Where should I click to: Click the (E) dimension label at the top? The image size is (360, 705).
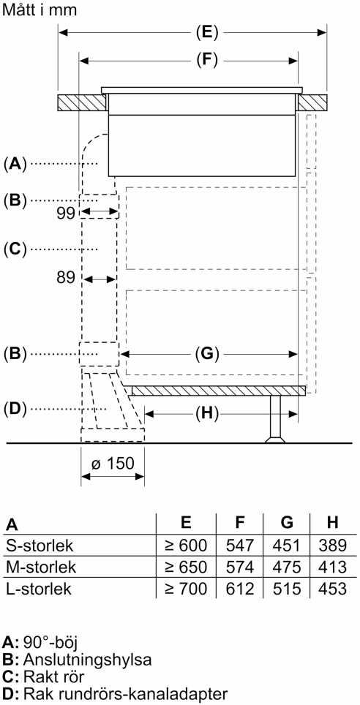207,32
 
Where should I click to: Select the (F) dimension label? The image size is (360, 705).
207,60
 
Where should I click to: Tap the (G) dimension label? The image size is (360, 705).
207,354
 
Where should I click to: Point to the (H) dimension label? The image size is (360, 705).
207,412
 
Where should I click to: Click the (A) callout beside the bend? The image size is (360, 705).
15,164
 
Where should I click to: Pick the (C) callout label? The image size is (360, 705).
15,249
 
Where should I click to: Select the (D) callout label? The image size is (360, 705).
15,409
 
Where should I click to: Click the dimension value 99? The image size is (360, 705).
66,213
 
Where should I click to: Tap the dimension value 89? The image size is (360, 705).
66,277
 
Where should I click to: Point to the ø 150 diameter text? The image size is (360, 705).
113,464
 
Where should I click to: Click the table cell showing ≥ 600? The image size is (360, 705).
186,546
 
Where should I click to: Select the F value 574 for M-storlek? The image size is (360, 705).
241,567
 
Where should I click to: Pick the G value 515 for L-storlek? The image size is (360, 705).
286,589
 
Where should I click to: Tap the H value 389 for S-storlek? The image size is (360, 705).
332,546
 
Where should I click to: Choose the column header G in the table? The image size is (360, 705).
287,522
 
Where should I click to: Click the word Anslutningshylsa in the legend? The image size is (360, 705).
87,660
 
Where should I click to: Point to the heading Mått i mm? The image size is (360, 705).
40,10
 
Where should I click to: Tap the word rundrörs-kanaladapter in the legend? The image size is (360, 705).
145,693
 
